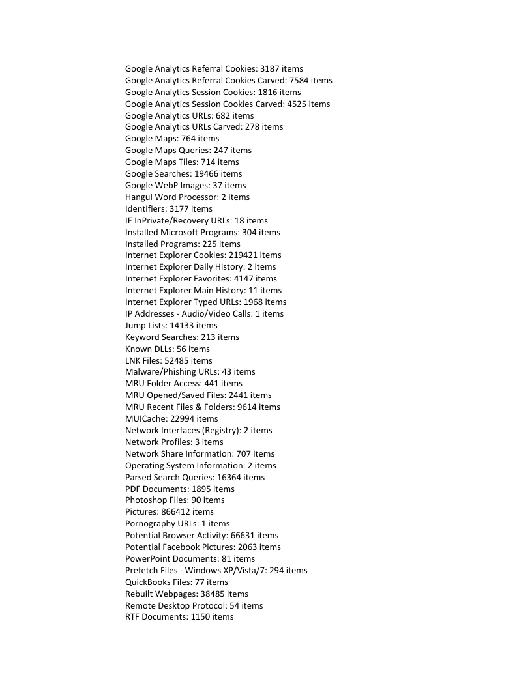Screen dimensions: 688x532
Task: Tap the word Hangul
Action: (140, 197)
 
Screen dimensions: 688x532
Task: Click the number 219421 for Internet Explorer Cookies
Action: (243, 255)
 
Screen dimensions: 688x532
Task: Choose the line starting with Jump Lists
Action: (171, 325)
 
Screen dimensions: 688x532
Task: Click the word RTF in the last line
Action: (132, 616)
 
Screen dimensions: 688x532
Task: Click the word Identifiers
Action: (145, 208)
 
